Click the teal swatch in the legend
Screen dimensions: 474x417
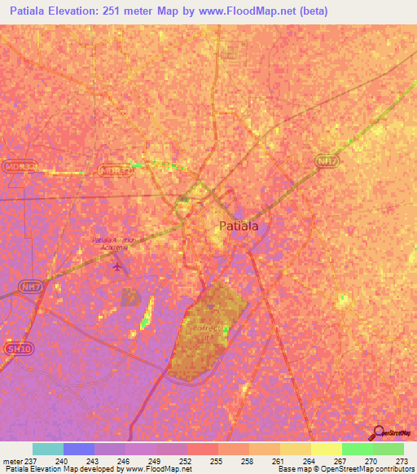click(47, 449)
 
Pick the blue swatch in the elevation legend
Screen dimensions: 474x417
click(78, 449)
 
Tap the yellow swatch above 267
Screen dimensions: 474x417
click(326, 449)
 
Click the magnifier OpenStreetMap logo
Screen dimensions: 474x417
click(376, 433)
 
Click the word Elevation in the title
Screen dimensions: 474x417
click(72, 11)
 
